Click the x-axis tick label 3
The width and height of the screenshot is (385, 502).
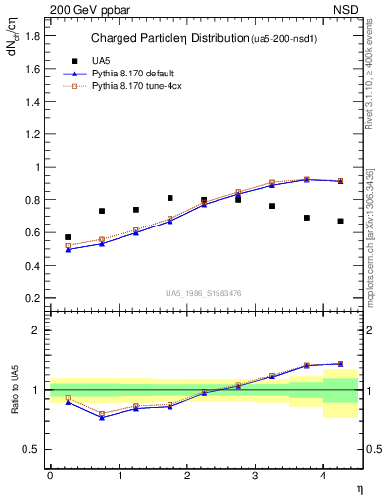pyautogui.click(x=255, y=476)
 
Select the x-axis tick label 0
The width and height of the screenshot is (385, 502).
pyautogui.click(x=50, y=476)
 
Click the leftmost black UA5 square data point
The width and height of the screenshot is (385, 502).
pyautogui.click(x=68, y=237)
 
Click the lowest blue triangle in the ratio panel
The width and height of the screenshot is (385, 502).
pyautogui.click(x=101, y=418)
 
